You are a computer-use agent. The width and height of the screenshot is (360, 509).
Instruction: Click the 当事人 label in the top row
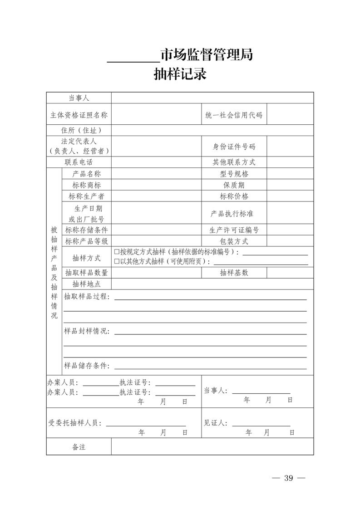[x=79, y=98]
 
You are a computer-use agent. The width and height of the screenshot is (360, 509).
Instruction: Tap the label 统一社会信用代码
[x=234, y=115]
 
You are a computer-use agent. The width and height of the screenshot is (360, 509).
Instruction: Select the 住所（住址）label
[x=79, y=131]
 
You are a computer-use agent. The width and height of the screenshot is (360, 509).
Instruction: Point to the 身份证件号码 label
[x=234, y=147]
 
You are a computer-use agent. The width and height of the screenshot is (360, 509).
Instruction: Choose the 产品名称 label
[x=86, y=174]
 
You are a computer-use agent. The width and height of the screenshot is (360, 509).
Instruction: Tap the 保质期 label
[x=234, y=185]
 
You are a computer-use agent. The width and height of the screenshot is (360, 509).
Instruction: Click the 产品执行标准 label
[x=234, y=213]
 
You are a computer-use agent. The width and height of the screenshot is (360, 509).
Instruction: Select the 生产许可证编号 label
[x=234, y=230]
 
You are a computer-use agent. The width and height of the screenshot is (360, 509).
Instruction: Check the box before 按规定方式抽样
[x=117, y=252]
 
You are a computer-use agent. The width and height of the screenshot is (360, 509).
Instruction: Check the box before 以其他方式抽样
[x=117, y=261]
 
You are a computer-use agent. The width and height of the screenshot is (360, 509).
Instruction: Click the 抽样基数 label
[x=234, y=273]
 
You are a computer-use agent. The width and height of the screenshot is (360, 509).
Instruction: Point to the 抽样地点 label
[x=86, y=284]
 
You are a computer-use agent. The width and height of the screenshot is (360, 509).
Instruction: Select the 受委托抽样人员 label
[x=75, y=423]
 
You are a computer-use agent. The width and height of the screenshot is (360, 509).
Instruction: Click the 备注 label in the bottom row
[x=79, y=447]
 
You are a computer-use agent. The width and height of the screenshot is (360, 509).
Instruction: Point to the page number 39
[x=288, y=479]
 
